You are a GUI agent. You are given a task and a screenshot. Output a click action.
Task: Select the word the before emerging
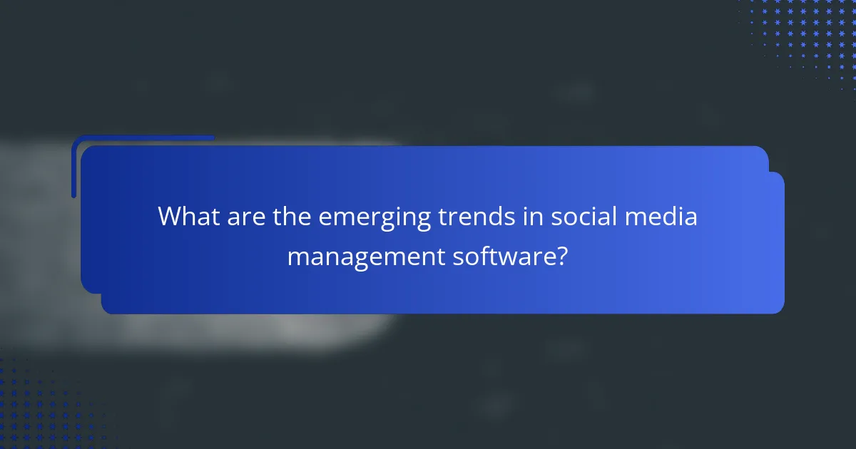(x=291, y=216)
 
